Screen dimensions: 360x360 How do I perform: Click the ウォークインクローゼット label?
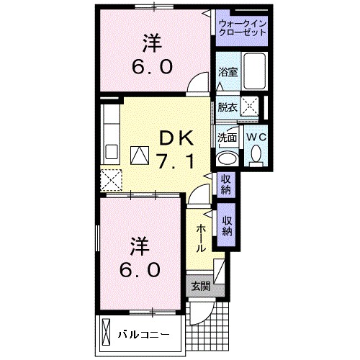pyautogui.click(x=243, y=30)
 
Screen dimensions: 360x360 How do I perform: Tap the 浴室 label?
pyautogui.click(x=227, y=72)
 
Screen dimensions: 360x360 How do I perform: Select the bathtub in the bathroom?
pyautogui.click(x=254, y=71)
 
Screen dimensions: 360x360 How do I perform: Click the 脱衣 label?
pyautogui.click(x=227, y=106)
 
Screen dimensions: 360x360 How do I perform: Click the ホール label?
pyautogui.click(x=200, y=236)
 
